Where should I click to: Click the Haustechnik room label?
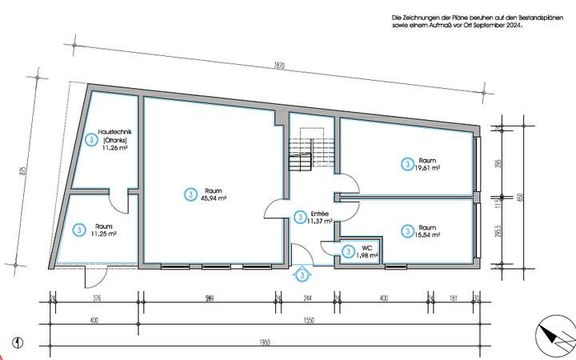[x=115, y=132]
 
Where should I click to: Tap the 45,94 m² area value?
[x=212, y=198]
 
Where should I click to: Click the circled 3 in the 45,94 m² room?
[x=190, y=194]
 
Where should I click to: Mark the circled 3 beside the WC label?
[x=349, y=251]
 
